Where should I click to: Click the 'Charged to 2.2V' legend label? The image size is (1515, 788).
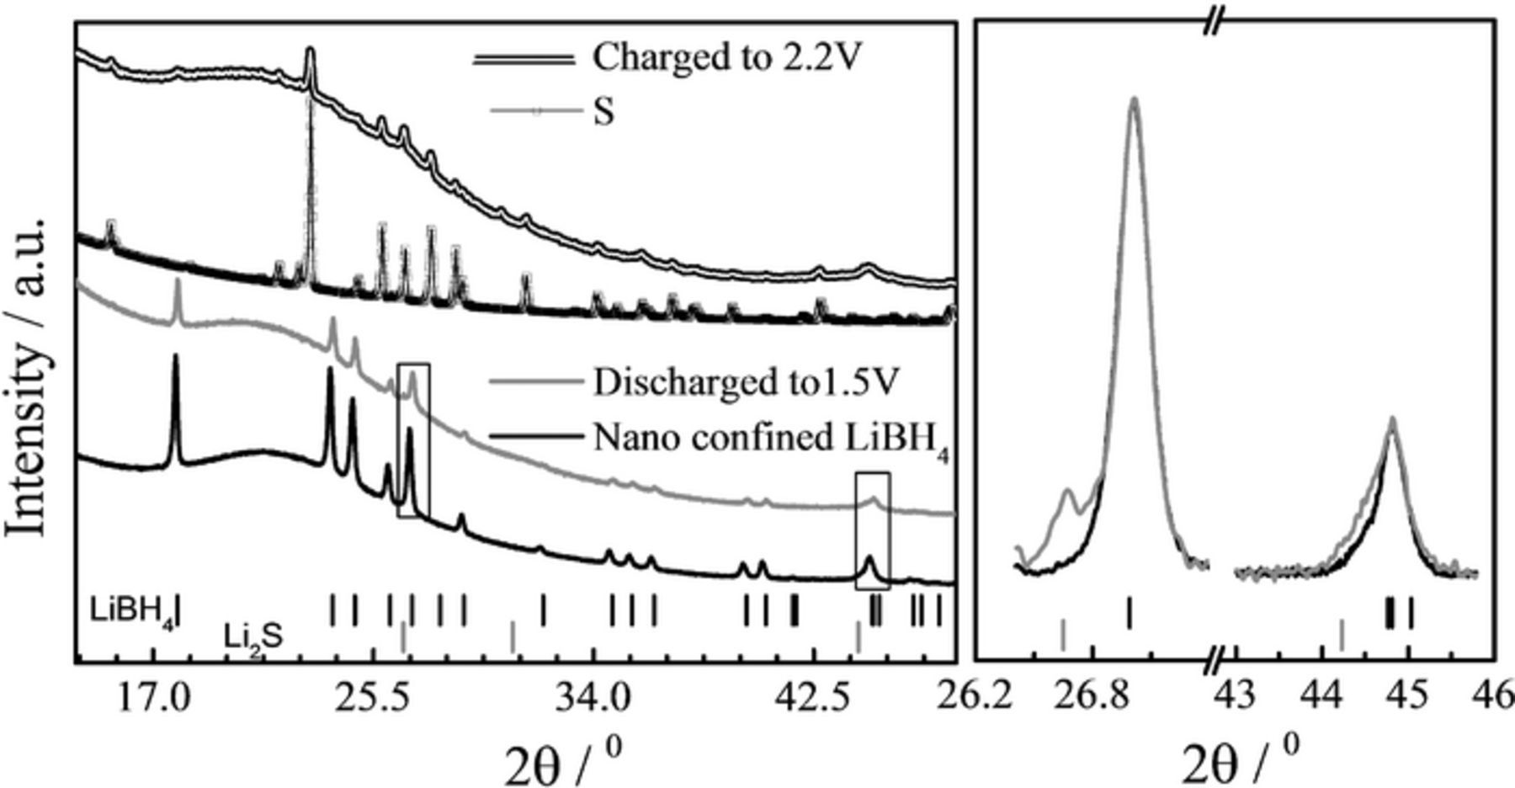tap(728, 57)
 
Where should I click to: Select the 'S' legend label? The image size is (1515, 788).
tap(603, 111)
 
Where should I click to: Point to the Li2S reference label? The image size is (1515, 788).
tap(253, 636)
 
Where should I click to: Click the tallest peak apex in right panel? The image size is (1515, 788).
tap(1135, 99)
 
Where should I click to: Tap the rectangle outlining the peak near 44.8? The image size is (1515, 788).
tap(872, 530)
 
